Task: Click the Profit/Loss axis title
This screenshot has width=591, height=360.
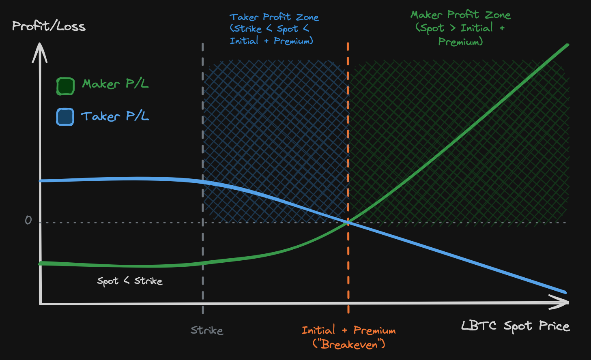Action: pyautogui.click(x=49, y=26)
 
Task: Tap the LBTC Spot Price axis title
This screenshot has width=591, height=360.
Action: pyautogui.click(x=515, y=326)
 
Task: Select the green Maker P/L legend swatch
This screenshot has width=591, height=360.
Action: pyautogui.click(x=65, y=86)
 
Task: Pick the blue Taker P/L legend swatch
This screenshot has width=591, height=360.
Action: pyautogui.click(x=65, y=117)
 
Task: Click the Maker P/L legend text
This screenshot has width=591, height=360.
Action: pyautogui.click(x=115, y=84)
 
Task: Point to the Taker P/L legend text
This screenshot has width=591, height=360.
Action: pyautogui.click(x=115, y=116)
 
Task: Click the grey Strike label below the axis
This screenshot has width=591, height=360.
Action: pyautogui.click(x=207, y=330)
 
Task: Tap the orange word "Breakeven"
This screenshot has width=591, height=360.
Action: pyautogui.click(x=349, y=345)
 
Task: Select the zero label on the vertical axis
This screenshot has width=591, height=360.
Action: pyautogui.click(x=28, y=220)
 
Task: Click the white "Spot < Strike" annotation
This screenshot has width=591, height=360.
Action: pyautogui.click(x=130, y=281)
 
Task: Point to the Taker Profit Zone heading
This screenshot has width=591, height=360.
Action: pyautogui.click(x=274, y=17)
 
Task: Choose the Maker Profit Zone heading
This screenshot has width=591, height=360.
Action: pyautogui.click(x=460, y=15)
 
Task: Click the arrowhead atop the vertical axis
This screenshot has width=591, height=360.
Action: pyautogui.click(x=40, y=51)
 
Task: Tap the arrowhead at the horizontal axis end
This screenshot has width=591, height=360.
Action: pyautogui.click(x=562, y=302)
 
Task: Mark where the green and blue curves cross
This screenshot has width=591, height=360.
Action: pyautogui.click(x=348, y=222)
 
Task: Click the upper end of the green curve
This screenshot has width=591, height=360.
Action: pyautogui.click(x=567, y=45)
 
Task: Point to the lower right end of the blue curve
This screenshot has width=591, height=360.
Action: pyautogui.click(x=565, y=292)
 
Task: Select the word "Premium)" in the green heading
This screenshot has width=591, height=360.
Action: pyautogui.click(x=460, y=41)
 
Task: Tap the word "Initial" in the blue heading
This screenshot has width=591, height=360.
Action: pyautogui.click(x=244, y=41)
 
